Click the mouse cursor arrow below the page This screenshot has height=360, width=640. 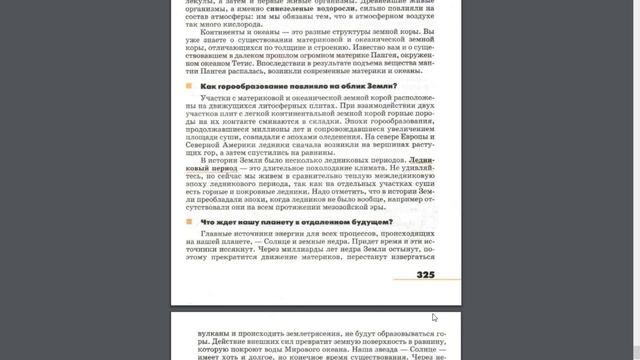point(434,318)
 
